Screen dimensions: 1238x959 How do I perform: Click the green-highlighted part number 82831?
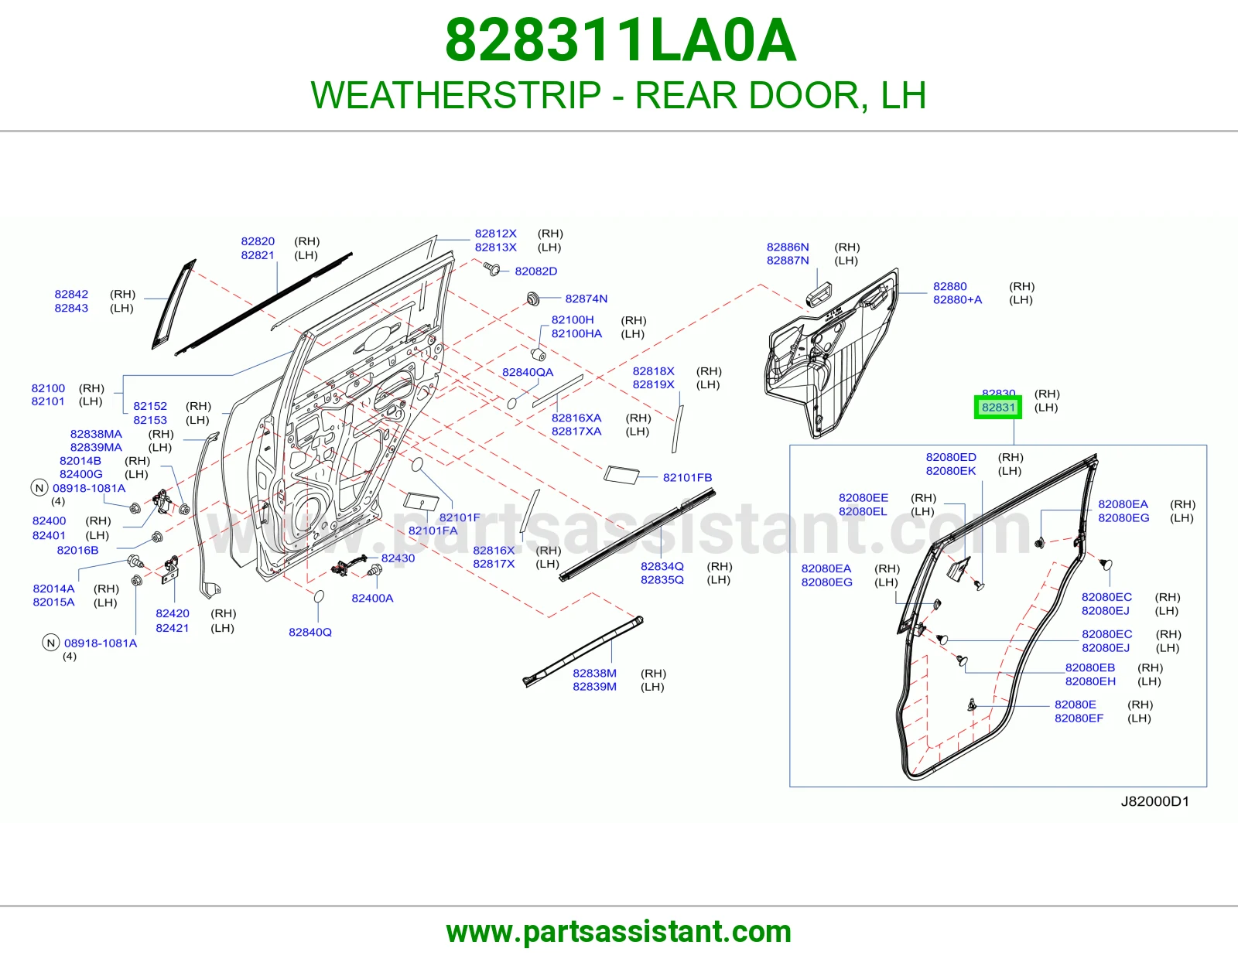[998, 407]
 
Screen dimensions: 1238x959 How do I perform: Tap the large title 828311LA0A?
[621, 40]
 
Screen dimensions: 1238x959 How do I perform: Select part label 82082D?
[535, 271]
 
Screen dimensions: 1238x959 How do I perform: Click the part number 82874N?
[586, 299]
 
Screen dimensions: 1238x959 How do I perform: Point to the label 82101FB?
[687, 477]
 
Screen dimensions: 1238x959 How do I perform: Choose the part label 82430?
[398, 558]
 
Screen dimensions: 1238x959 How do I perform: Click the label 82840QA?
[527, 372]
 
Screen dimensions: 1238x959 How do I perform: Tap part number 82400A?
[372, 598]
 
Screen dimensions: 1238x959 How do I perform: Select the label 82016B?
[77, 550]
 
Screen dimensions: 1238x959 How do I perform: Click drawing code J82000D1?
[1154, 801]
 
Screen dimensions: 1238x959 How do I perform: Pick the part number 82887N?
[788, 261]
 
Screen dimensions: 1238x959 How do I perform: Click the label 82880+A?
[957, 299]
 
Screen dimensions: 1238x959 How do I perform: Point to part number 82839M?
[594, 686]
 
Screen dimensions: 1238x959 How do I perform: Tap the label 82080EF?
[1079, 718]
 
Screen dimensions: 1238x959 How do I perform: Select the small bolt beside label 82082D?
[491, 269]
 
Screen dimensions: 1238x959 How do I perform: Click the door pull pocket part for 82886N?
[819, 295]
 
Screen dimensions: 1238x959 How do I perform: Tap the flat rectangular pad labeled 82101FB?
[621, 475]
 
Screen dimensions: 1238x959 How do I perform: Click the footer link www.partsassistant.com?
[619, 932]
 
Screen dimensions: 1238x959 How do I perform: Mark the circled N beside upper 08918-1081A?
[39, 488]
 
